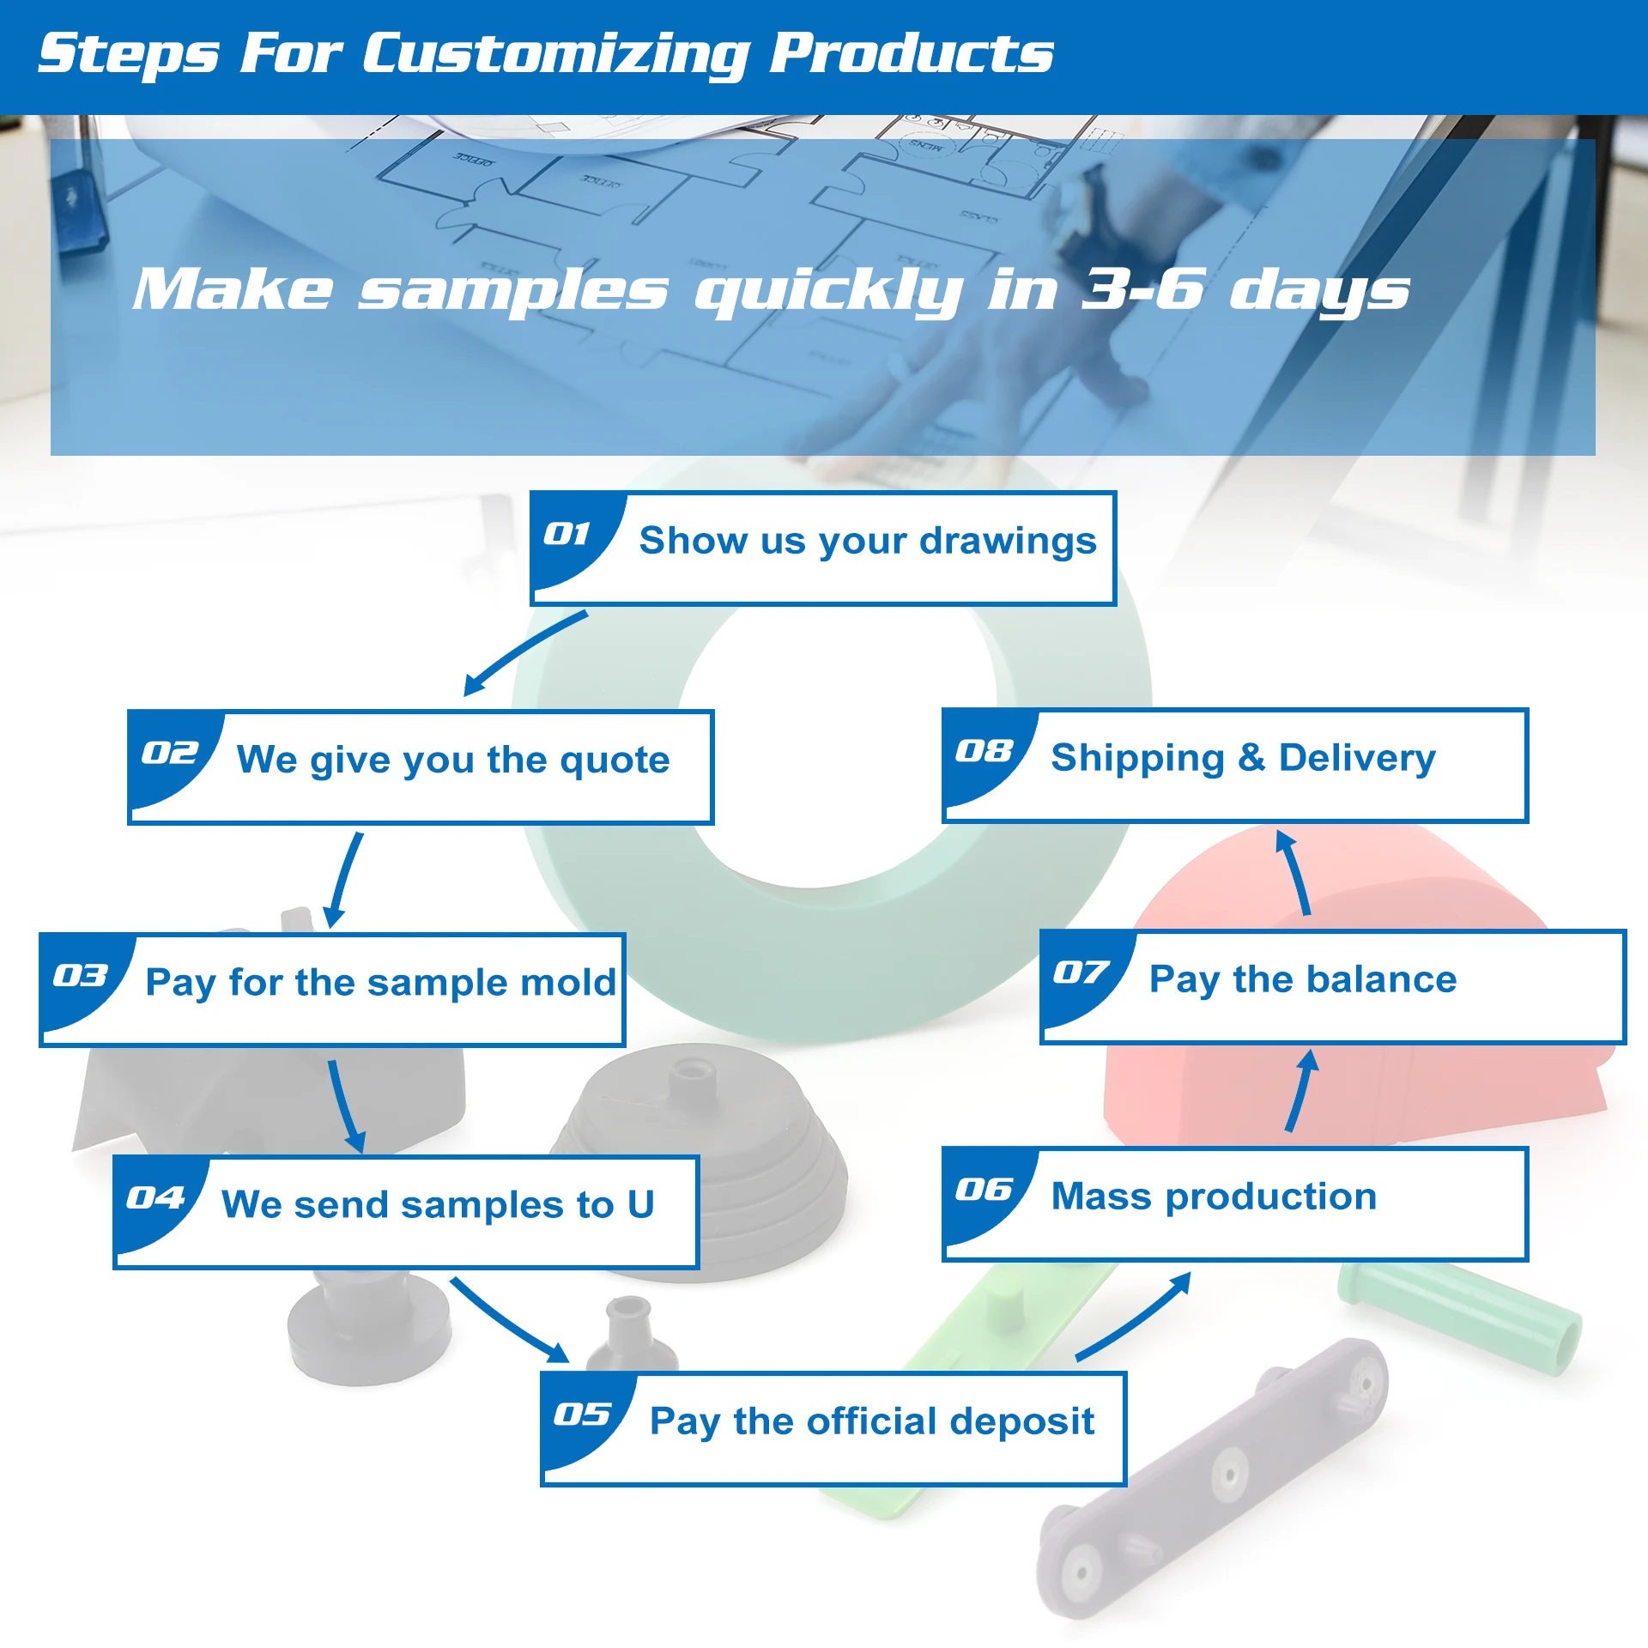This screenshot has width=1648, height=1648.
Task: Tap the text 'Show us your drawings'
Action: coord(868,541)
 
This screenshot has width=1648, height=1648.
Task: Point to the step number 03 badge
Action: coord(80,976)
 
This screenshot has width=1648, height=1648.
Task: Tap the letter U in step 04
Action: coord(640,1204)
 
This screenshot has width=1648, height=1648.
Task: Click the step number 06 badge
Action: coord(984,1190)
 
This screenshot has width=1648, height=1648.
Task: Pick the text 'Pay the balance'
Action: coord(1302,979)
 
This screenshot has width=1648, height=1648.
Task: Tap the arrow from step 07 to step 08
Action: coord(1294,872)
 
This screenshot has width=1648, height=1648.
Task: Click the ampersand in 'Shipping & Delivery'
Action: coord(1251,757)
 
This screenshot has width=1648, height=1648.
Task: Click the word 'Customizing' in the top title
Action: coord(554,53)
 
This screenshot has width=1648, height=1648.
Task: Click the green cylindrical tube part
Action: coord(1459,1318)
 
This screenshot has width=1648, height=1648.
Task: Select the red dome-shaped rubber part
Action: coord(1356,1090)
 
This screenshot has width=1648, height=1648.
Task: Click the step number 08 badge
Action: coord(984,751)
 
